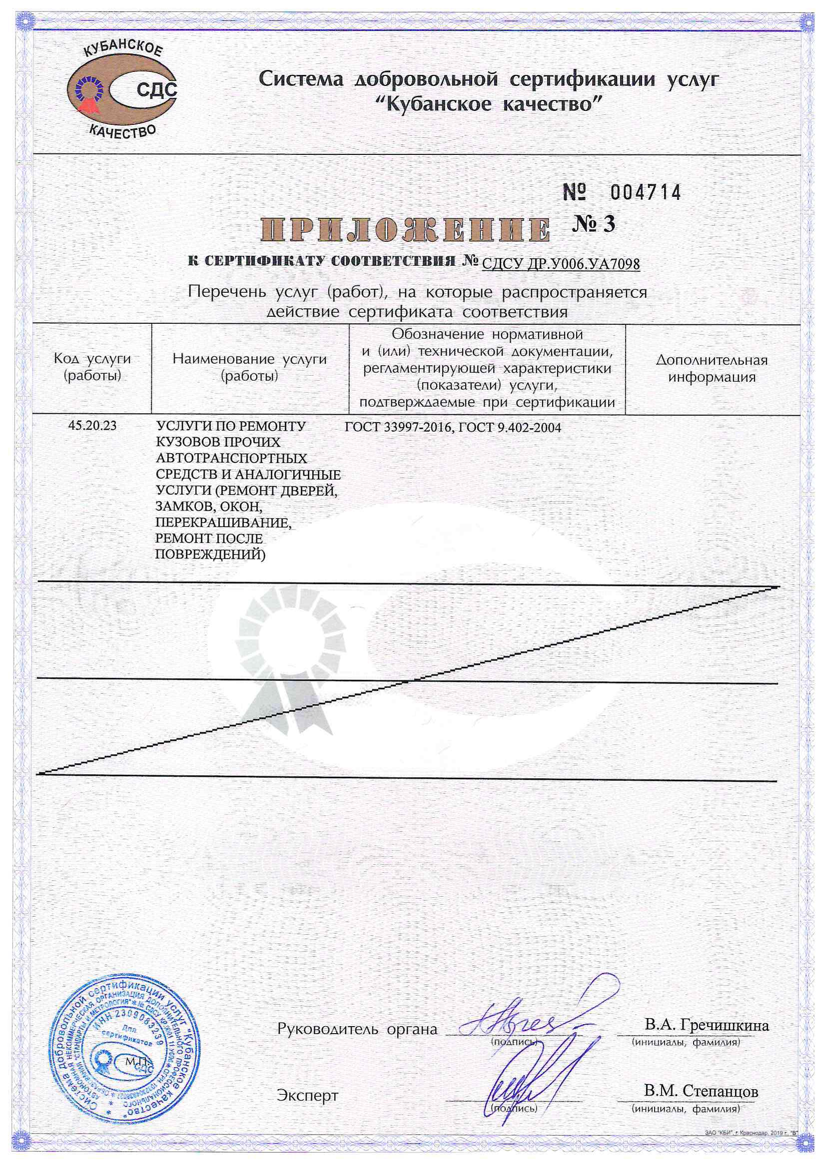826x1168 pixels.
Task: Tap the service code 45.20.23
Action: point(92,426)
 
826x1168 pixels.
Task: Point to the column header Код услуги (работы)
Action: point(92,367)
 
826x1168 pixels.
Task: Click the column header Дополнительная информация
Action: point(712,368)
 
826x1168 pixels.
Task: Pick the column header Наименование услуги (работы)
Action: point(249,367)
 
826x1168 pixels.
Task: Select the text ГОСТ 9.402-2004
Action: point(510,427)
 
